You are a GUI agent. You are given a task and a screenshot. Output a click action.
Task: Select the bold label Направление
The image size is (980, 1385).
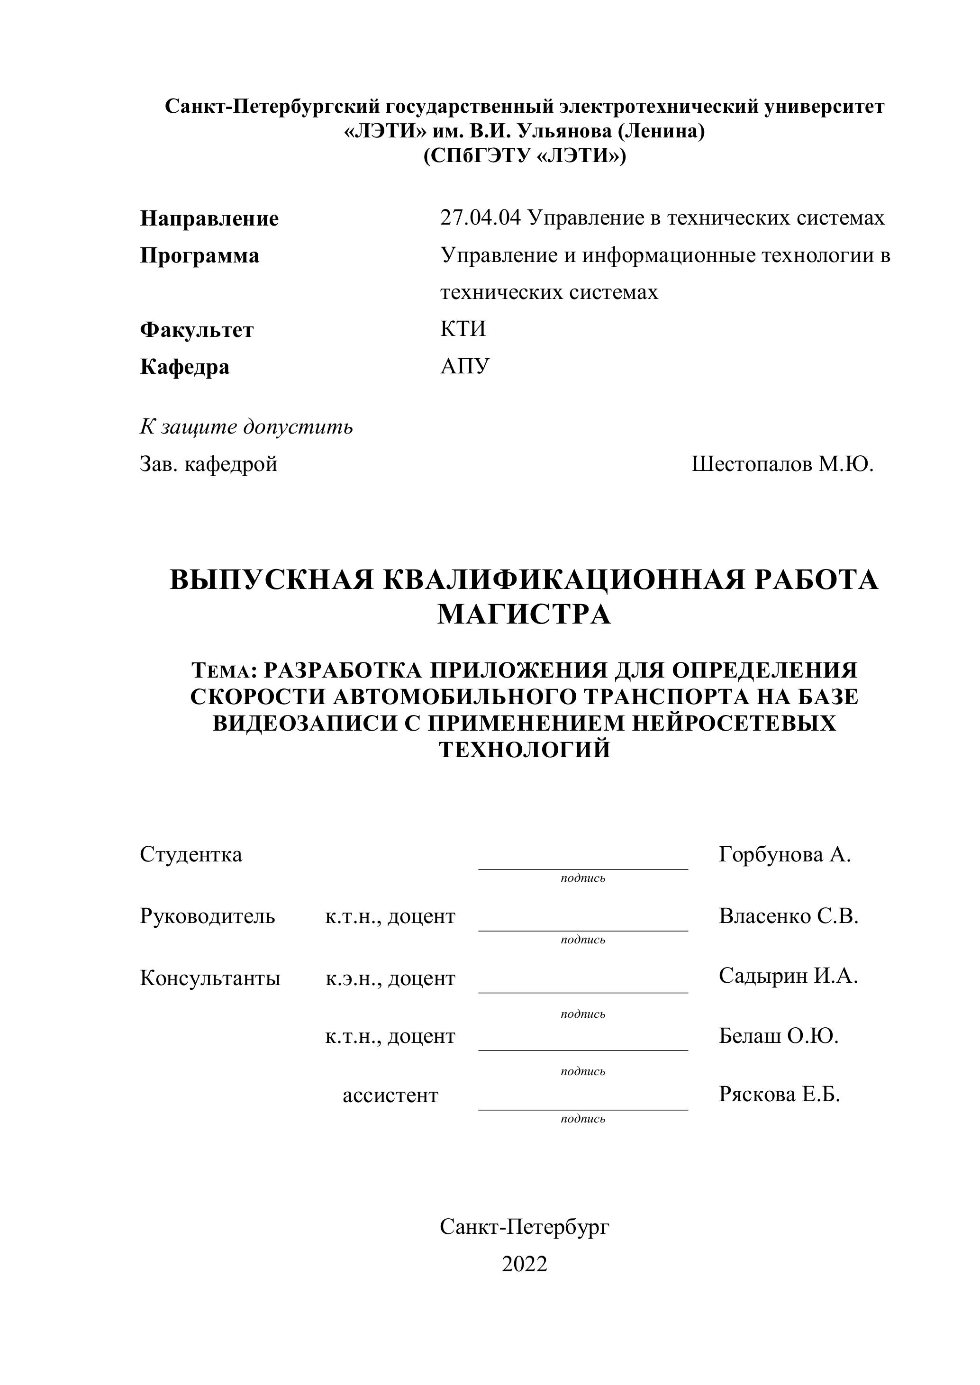(x=209, y=218)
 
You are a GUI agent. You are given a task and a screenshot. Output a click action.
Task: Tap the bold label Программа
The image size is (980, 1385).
(x=200, y=256)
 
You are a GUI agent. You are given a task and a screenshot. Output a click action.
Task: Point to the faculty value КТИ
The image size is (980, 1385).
(x=463, y=329)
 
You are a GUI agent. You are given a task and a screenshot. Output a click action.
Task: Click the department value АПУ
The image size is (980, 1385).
(x=465, y=366)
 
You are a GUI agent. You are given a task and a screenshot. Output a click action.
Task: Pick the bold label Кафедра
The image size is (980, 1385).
(x=185, y=367)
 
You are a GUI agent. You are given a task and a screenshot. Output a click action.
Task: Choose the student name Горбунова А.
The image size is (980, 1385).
(x=784, y=854)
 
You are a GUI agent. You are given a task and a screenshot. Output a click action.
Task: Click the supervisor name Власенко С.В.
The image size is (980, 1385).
(x=788, y=916)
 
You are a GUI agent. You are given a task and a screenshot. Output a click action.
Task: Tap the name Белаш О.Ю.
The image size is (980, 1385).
(x=779, y=1036)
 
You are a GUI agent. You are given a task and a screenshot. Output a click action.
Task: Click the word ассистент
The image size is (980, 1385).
(x=390, y=1095)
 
